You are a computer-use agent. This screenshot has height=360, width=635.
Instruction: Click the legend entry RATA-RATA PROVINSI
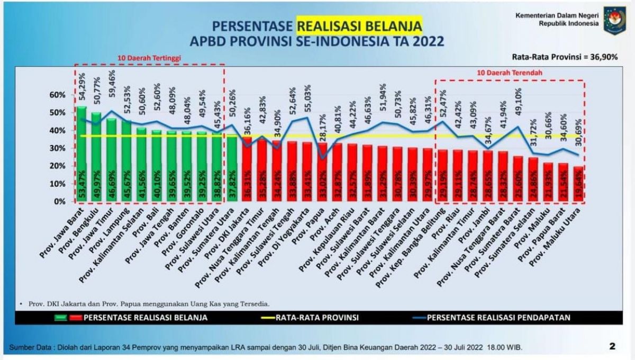point(317,318)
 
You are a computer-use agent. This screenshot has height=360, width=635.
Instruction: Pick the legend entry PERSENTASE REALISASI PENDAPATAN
point(498,318)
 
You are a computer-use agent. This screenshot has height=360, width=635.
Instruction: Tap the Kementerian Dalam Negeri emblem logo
point(615,20)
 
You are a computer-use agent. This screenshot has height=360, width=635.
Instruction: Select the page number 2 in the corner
point(612,347)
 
